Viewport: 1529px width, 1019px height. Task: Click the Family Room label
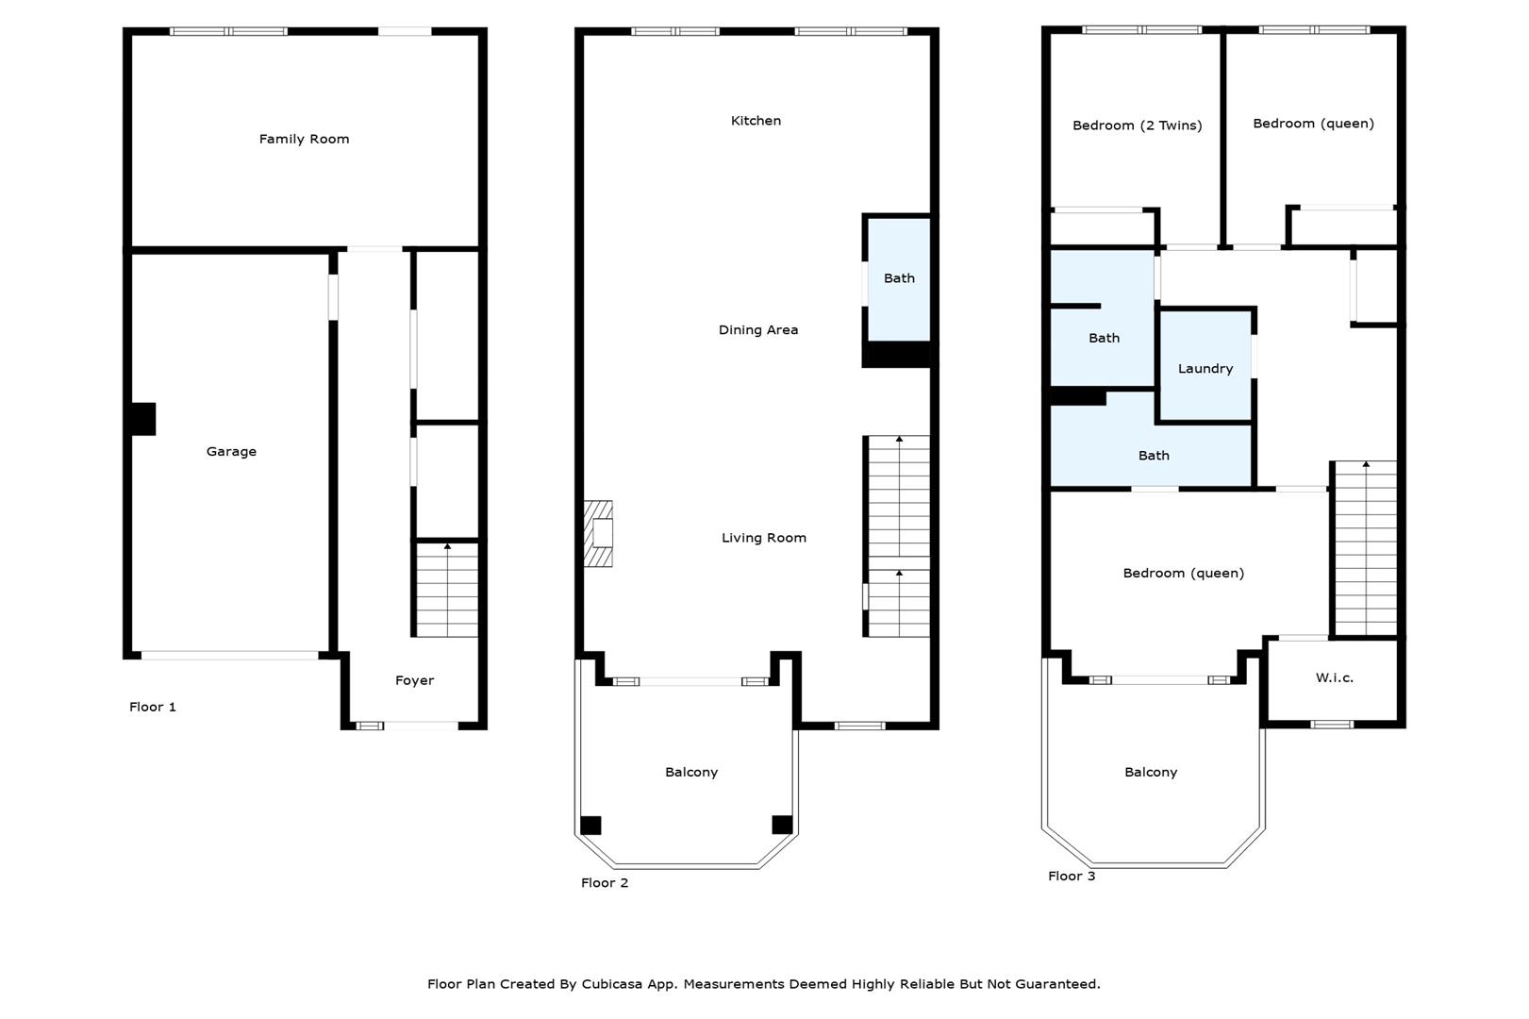304,140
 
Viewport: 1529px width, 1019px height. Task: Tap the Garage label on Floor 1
231,451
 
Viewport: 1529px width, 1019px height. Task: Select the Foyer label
414,680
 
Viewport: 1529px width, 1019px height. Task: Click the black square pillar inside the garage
143,419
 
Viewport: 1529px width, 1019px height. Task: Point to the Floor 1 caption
153,707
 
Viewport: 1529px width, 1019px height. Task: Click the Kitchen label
756,121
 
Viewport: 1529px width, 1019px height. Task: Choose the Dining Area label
757,330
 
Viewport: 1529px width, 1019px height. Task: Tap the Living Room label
764,538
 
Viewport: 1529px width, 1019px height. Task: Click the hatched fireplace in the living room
598,534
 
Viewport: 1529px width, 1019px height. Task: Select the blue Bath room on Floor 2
898,278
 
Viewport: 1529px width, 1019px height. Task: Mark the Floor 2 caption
604,883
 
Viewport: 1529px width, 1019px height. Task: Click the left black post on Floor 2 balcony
590,825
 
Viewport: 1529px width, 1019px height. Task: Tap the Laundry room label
1205,369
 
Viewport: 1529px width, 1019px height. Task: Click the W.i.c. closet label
1334,678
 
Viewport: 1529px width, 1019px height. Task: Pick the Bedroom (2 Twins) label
1138,125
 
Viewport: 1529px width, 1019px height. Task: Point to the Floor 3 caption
1072,877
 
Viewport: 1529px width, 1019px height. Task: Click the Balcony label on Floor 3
1151,773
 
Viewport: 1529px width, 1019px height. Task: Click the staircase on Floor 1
447,590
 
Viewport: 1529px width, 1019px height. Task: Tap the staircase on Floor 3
1366,549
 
